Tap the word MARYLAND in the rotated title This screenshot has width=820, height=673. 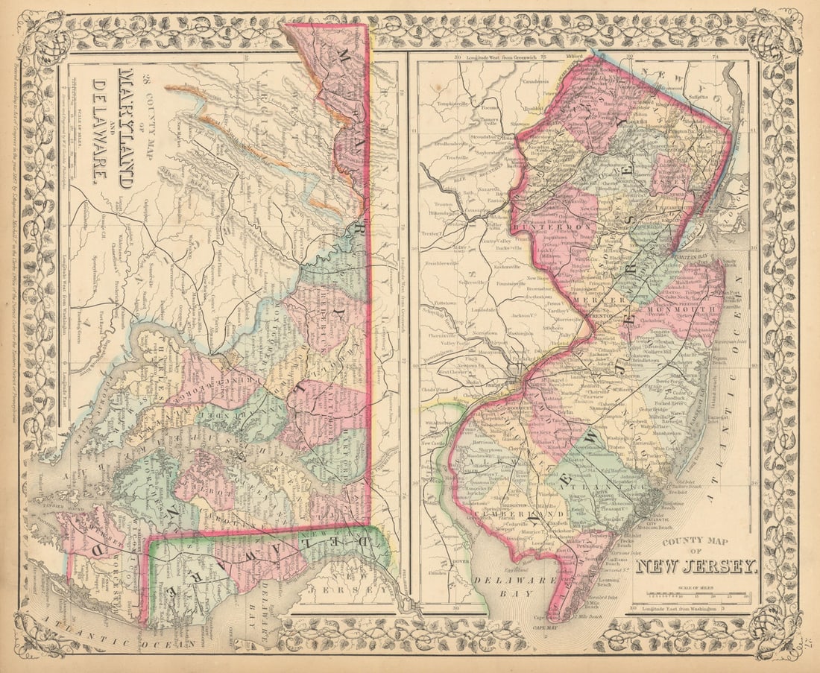(126, 127)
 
